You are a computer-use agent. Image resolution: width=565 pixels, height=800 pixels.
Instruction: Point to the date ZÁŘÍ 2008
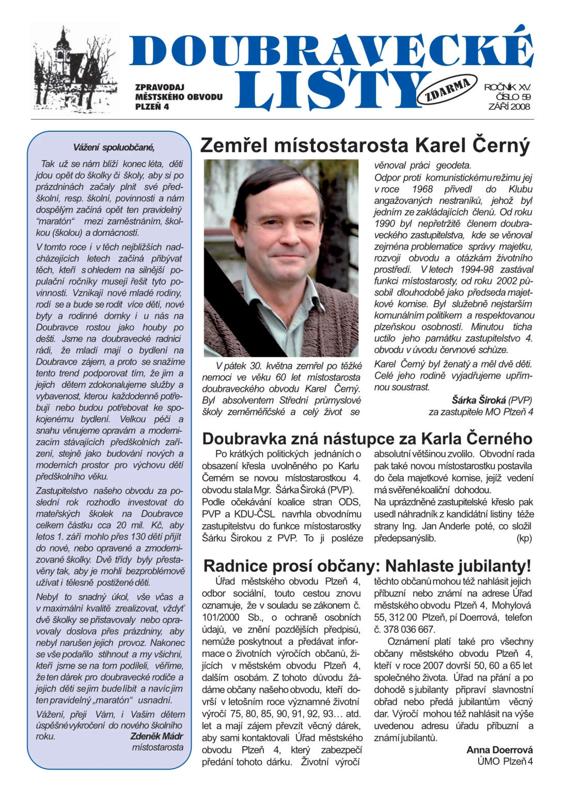pos(509,107)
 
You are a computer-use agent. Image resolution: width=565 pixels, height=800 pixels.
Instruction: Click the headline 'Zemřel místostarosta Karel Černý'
pos(365,145)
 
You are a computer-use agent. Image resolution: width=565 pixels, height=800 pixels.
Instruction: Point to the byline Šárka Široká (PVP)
pos(491,400)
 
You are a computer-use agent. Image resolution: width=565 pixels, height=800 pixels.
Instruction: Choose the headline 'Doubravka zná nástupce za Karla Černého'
pos(367,439)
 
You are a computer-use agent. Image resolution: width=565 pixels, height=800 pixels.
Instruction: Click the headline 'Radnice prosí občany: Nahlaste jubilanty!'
pos(367,565)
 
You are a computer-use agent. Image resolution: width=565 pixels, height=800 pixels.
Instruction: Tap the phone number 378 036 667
pos(409,629)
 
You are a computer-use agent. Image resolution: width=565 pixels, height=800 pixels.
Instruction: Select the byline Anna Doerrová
pos(499,749)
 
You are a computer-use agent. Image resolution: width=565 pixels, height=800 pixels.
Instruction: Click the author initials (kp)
pos(524,538)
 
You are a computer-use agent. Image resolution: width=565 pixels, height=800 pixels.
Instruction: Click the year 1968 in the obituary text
pos(422,189)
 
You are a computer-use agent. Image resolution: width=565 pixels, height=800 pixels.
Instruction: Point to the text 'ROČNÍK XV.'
pos(507,87)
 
